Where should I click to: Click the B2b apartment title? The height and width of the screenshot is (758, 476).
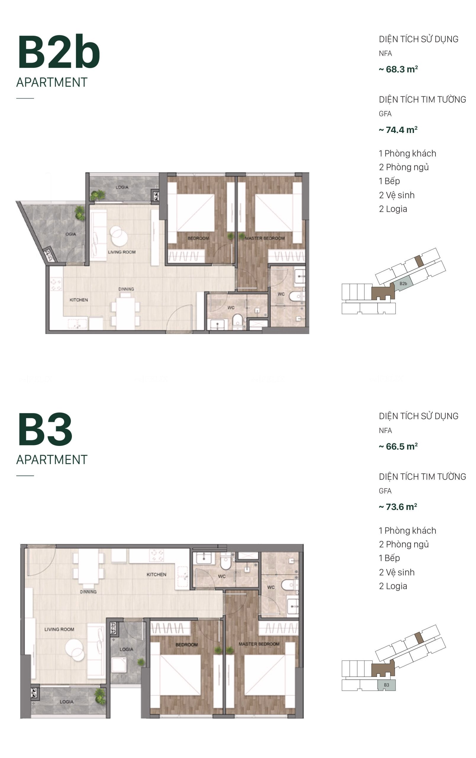[59, 52]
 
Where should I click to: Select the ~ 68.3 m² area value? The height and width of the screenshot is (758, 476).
[398, 69]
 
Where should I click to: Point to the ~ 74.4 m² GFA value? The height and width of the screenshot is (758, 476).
[398, 130]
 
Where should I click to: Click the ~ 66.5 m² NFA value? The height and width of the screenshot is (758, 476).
[398, 447]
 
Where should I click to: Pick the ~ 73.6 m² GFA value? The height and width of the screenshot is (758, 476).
[398, 507]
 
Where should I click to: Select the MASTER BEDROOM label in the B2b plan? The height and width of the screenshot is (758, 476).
[264, 238]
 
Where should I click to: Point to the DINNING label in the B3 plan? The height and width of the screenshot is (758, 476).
[88, 592]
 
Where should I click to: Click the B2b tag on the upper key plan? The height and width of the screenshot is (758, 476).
[403, 284]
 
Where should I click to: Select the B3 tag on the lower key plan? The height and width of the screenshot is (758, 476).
[386, 685]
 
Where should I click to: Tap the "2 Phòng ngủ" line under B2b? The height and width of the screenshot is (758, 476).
[404, 167]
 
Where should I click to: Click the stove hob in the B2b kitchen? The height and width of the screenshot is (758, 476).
[56, 284]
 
